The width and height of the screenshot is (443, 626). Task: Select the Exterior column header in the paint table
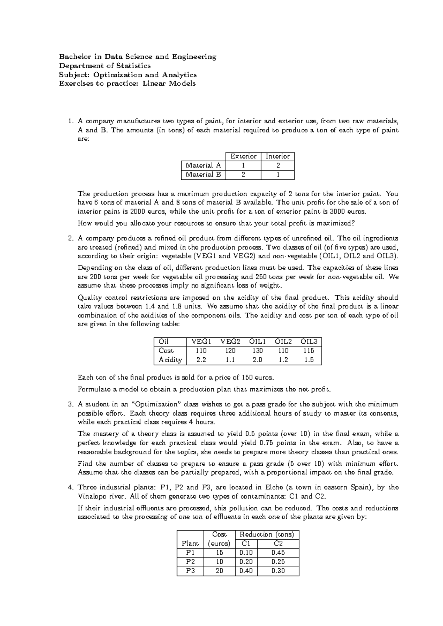coord(243,156)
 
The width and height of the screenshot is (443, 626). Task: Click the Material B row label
coord(203,175)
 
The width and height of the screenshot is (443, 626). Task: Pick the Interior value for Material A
coord(278,166)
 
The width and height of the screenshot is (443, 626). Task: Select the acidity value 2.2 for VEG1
coord(201,360)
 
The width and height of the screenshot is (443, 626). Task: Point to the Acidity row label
coord(170,360)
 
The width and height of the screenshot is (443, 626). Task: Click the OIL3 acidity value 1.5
coord(309,360)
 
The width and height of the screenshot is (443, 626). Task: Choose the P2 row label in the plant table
coord(190,562)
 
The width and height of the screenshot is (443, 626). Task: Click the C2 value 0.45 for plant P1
coord(278,553)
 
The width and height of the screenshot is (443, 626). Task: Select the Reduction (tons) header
coord(267,534)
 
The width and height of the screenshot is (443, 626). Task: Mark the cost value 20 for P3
coord(220,571)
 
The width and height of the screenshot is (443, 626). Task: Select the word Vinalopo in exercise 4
coord(92,496)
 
